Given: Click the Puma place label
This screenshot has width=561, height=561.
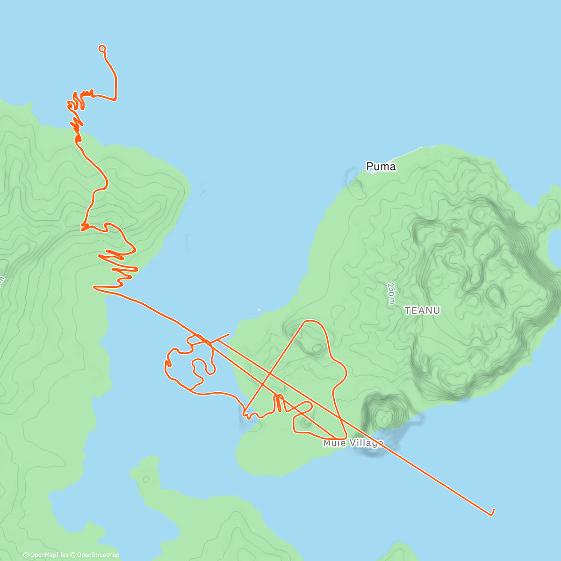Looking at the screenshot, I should click(x=381, y=166).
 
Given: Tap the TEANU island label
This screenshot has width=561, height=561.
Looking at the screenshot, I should click(x=422, y=310).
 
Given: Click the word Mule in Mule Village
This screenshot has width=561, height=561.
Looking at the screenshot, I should click(x=332, y=443).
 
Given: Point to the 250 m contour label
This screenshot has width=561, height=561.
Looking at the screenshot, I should click(x=391, y=294).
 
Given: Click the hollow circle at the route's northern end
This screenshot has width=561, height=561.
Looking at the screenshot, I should click(x=102, y=48).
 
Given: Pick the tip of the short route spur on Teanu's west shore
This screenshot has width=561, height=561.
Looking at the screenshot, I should click(x=230, y=334).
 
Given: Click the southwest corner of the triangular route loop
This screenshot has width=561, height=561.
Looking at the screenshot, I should click(x=244, y=413).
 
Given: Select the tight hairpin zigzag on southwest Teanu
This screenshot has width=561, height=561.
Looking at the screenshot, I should click(x=279, y=403).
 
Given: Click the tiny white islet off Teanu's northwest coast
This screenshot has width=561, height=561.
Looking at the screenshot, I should click(x=259, y=309).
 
